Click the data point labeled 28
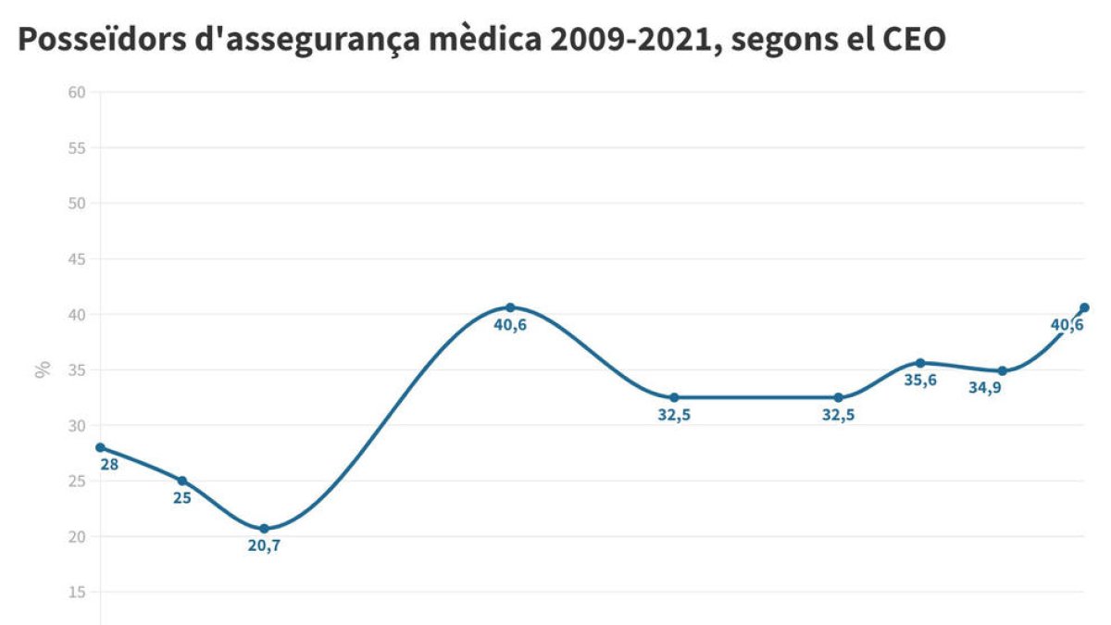(100, 447)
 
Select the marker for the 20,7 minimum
(264, 529)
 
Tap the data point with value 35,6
(920, 363)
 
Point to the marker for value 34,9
(1002, 370)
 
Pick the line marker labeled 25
(182, 481)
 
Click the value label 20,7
(264, 545)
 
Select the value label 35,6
(920, 380)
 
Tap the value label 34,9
(985, 388)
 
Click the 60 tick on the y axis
(77, 92)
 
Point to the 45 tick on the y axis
(77, 259)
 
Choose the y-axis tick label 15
(77, 593)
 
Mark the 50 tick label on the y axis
(77, 204)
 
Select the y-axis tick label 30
(77, 426)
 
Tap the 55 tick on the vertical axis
(77, 148)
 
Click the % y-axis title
(43, 370)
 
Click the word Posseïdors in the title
(91, 41)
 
